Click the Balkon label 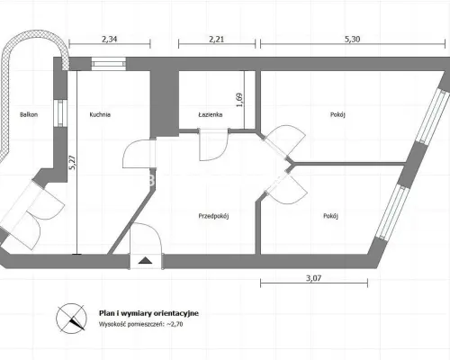click(29, 114)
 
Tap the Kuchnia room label click(100, 114)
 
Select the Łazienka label click(211, 114)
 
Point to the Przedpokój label click(213, 216)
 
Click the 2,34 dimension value click(109, 40)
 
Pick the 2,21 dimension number click(216, 40)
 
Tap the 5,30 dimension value click(353, 40)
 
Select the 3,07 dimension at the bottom click(313, 278)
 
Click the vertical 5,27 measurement click(72, 163)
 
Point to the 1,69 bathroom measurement click(239, 100)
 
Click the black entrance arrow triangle click(146, 261)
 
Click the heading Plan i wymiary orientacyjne click(148, 313)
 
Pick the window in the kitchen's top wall click(109, 64)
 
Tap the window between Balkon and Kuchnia click(60, 112)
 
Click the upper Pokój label click(337, 114)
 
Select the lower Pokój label click(331, 216)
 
